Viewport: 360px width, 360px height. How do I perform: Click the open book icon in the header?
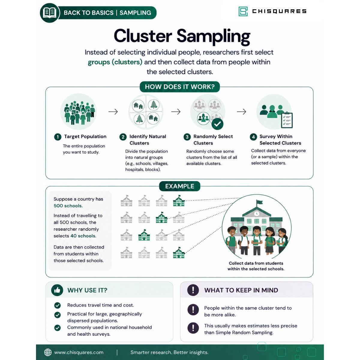(x=49, y=13)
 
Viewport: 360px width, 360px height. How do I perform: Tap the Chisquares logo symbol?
(x=243, y=11)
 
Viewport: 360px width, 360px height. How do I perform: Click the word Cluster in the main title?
(x=143, y=36)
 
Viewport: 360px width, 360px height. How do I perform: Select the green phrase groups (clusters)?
(x=115, y=62)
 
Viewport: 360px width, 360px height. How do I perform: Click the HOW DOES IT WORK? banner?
(x=180, y=87)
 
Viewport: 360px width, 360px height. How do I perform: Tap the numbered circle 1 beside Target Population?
(x=58, y=137)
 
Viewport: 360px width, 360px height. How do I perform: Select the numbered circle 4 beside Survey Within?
(x=253, y=137)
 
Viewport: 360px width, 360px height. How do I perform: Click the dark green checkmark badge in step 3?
(x=217, y=124)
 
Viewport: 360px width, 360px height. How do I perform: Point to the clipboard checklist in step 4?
(x=287, y=120)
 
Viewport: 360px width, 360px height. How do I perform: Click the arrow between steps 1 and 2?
(x=113, y=112)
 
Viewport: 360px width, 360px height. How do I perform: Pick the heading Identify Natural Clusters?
(x=148, y=140)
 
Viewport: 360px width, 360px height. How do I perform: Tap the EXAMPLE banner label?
(x=180, y=186)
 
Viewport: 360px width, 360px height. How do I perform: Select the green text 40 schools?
(x=83, y=236)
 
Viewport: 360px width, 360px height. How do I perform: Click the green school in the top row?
(x=179, y=201)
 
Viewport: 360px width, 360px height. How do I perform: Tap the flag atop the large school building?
(x=259, y=202)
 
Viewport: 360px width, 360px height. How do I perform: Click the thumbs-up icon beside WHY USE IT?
(x=57, y=290)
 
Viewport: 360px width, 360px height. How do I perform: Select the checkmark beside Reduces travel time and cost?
(x=57, y=305)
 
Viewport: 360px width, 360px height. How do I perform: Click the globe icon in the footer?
(x=48, y=352)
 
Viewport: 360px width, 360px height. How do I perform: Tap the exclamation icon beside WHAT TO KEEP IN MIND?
(x=193, y=290)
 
